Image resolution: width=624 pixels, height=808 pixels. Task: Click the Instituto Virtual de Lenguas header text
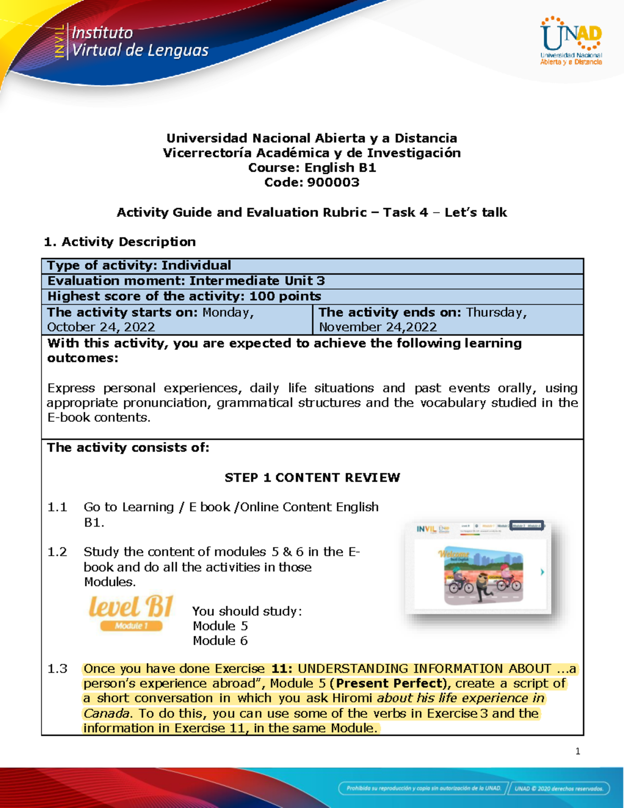point(139,42)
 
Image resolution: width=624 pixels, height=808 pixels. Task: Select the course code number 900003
point(333,182)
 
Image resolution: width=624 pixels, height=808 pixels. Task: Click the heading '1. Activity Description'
point(120,241)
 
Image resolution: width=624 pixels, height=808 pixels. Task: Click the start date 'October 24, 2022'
point(101,327)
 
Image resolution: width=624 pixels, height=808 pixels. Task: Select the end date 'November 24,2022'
point(378,327)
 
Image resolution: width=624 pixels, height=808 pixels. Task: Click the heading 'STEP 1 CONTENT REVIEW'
point(312,478)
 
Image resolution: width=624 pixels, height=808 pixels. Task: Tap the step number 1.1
point(57,507)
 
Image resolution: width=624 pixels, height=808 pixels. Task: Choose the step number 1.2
point(57,552)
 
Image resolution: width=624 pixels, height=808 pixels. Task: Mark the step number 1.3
point(57,669)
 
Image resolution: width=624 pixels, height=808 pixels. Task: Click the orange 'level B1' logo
point(131,607)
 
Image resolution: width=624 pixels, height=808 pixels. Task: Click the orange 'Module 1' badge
point(131,626)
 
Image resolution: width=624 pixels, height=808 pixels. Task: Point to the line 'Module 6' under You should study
point(220,640)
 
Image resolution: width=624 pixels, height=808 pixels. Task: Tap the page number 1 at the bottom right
point(578,751)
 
